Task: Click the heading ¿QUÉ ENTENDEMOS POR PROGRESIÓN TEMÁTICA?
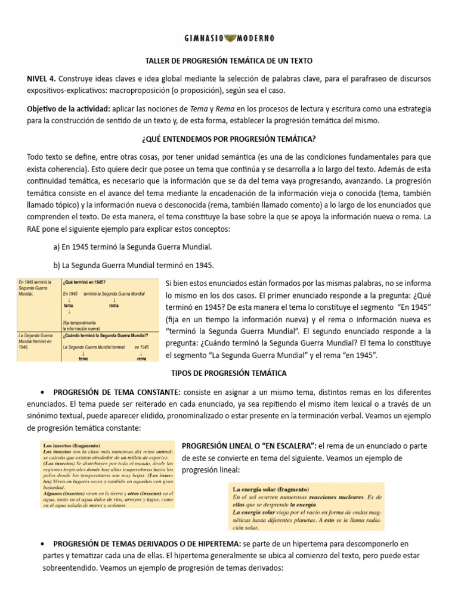[x=228, y=139]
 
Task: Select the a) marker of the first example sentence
[x=57, y=247]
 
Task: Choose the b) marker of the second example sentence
[x=57, y=264]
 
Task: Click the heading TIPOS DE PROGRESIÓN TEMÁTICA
[x=228, y=374]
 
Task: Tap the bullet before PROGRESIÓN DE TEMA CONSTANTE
[x=42, y=393]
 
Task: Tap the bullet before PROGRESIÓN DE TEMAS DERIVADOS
[x=42, y=544]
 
